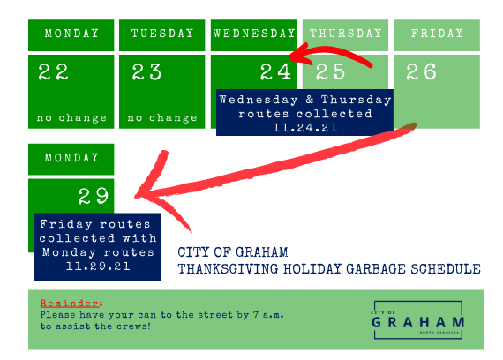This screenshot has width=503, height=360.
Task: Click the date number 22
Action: coord(53,71)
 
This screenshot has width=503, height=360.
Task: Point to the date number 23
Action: coord(146,71)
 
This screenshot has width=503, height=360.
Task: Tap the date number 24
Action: coord(275,71)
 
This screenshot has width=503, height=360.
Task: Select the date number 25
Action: coord(330,71)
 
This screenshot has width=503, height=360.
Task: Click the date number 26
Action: coord(421,71)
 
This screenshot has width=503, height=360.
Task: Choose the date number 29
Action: coord(94,196)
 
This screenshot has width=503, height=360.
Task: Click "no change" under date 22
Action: coord(71,118)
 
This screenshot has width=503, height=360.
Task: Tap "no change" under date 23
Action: coord(162,118)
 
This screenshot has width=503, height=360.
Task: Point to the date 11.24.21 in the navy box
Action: coord(304,128)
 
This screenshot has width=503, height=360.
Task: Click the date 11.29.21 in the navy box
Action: coord(98,266)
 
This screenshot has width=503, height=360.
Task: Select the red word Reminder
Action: coord(70,304)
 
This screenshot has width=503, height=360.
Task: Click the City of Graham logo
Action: coord(418,320)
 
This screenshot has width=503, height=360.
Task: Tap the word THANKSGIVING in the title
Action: coord(228,269)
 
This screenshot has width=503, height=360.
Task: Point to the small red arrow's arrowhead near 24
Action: coord(292,56)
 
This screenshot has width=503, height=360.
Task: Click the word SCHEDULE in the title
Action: coord(446,269)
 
